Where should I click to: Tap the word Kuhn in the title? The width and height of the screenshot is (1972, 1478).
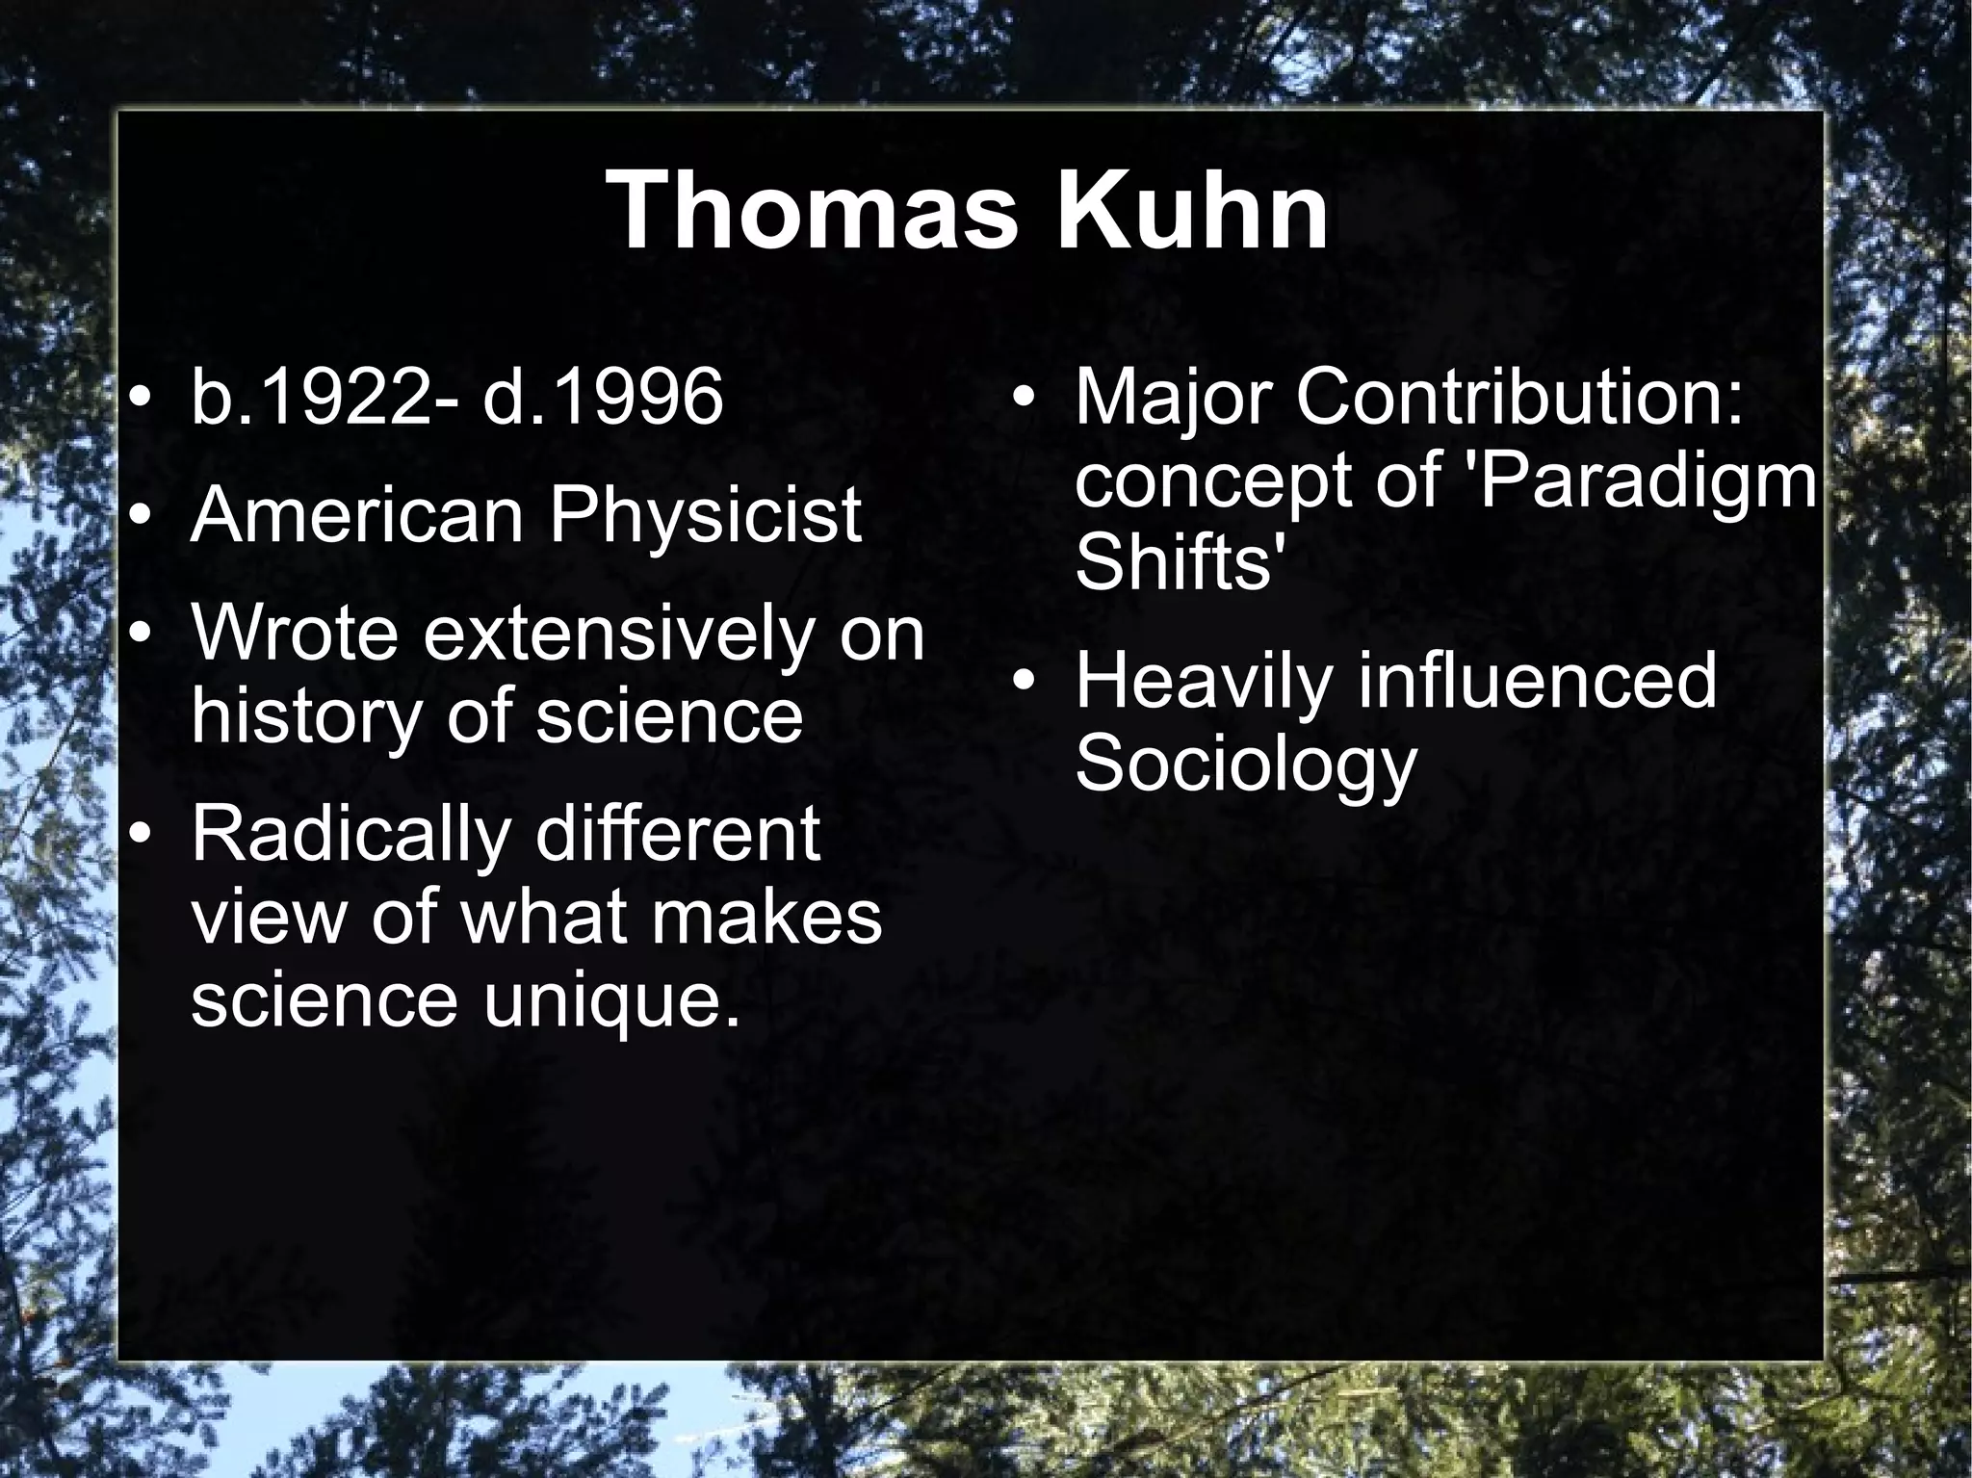[x=1193, y=210]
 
